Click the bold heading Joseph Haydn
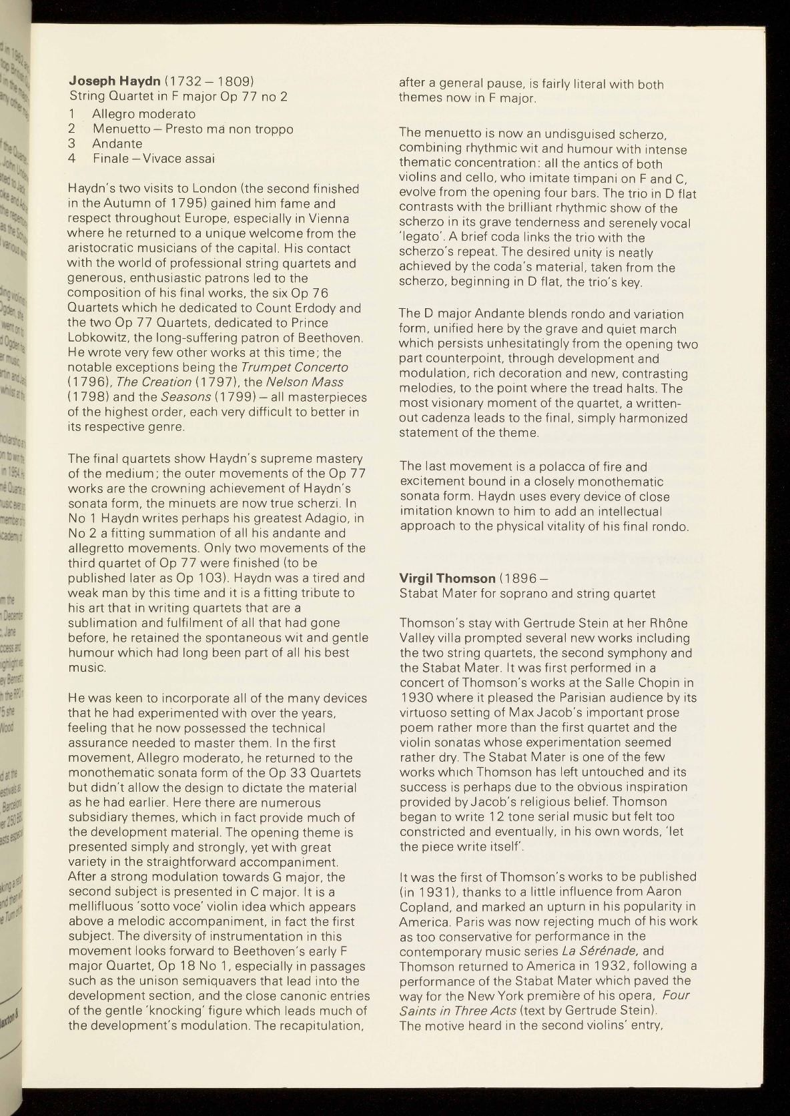(x=114, y=82)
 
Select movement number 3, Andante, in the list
(x=117, y=143)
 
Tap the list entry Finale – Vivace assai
(x=153, y=158)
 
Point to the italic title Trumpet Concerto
(x=294, y=368)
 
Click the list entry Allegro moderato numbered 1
(x=143, y=113)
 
